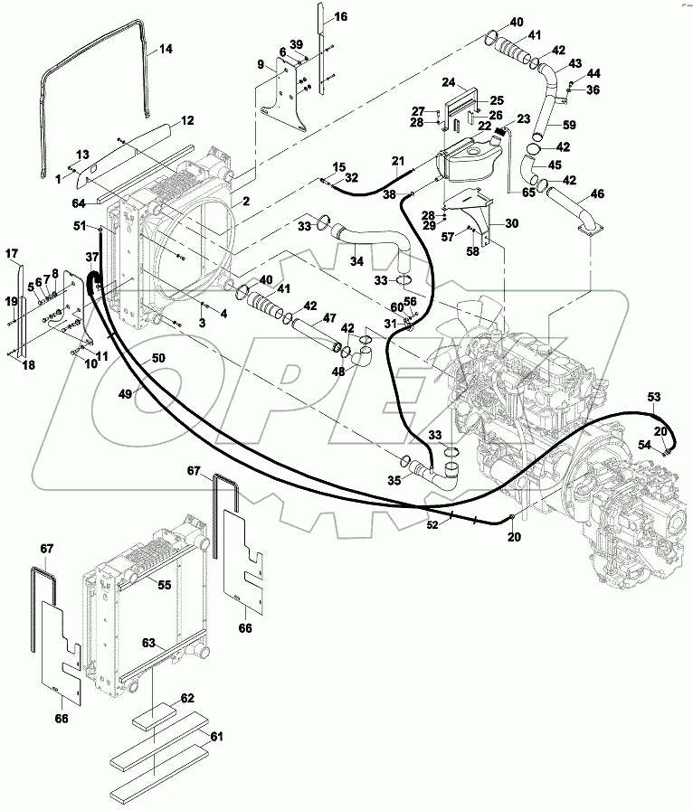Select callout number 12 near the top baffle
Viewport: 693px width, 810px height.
[x=187, y=121]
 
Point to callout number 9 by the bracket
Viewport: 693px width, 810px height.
[x=261, y=64]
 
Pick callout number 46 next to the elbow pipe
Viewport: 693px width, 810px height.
[x=598, y=193]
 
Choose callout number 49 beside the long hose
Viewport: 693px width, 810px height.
[x=125, y=393]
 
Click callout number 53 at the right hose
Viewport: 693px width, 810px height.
[x=655, y=396]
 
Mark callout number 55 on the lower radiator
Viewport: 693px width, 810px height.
[x=164, y=585]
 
